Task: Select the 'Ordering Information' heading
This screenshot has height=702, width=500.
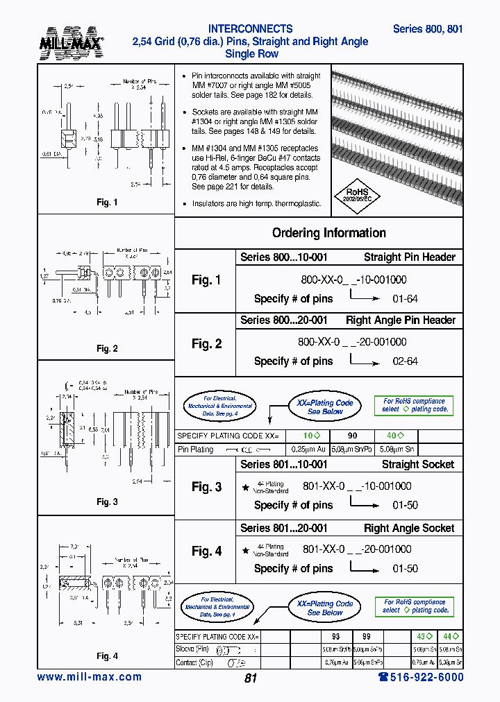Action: point(328,233)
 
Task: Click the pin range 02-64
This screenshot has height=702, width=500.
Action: point(405,361)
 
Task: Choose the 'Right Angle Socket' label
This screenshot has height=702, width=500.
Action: point(409,529)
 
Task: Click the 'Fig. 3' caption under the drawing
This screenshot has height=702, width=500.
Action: point(107,502)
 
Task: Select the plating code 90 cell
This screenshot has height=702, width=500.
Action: point(352,436)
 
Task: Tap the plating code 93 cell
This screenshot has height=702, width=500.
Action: point(335,636)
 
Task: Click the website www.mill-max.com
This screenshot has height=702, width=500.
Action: point(90,677)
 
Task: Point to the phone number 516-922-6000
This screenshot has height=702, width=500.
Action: point(421,677)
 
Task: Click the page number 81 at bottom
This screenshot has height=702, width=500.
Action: point(251,678)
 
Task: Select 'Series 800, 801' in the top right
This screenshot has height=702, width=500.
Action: point(427,29)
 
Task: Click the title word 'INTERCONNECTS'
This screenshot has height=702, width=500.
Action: point(250,29)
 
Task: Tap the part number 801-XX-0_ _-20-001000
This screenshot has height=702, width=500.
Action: point(357,549)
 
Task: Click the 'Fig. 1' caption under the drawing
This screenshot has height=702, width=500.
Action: point(107,202)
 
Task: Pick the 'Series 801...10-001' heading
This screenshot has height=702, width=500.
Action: point(283,465)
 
